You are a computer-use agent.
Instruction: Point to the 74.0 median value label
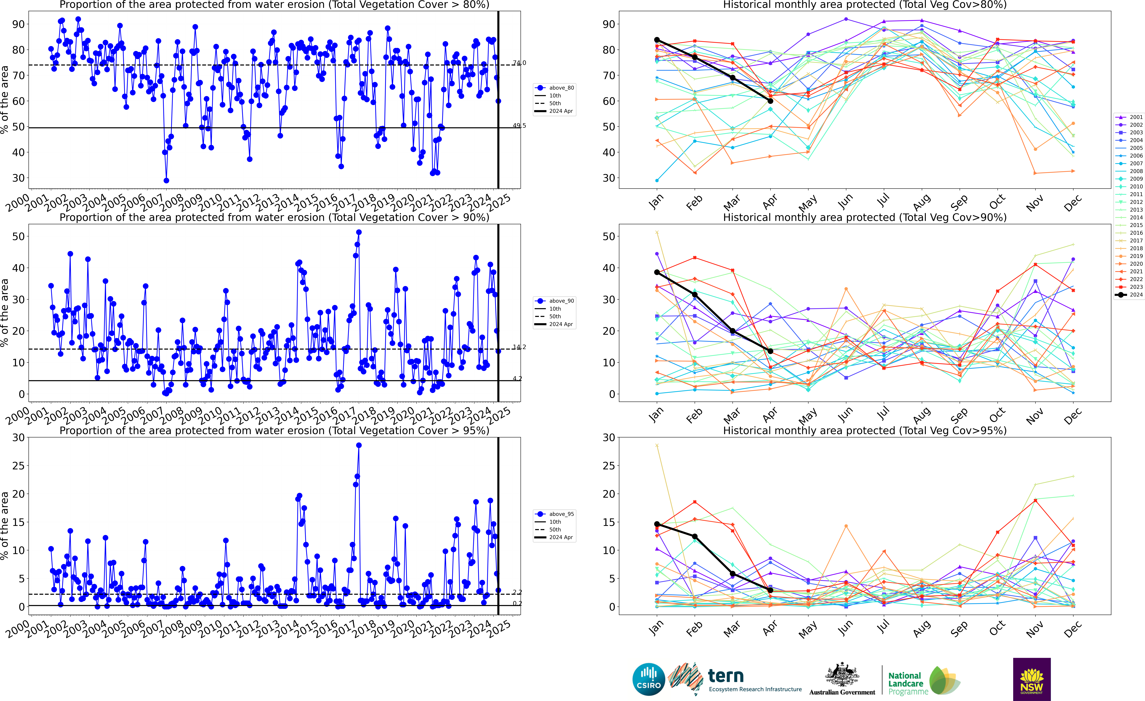pyautogui.click(x=520, y=63)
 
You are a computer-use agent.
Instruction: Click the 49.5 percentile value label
pyautogui.click(x=520, y=125)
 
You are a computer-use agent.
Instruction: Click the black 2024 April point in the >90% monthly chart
pyautogui.click(x=770, y=351)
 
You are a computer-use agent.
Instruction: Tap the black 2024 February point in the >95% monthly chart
pyautogui.click(x=695, y=536)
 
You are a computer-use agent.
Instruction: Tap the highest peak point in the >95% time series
pyautogui.click(x=359, y=445)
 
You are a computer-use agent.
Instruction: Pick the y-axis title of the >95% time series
pyautogui.click(x=5, y=525)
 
